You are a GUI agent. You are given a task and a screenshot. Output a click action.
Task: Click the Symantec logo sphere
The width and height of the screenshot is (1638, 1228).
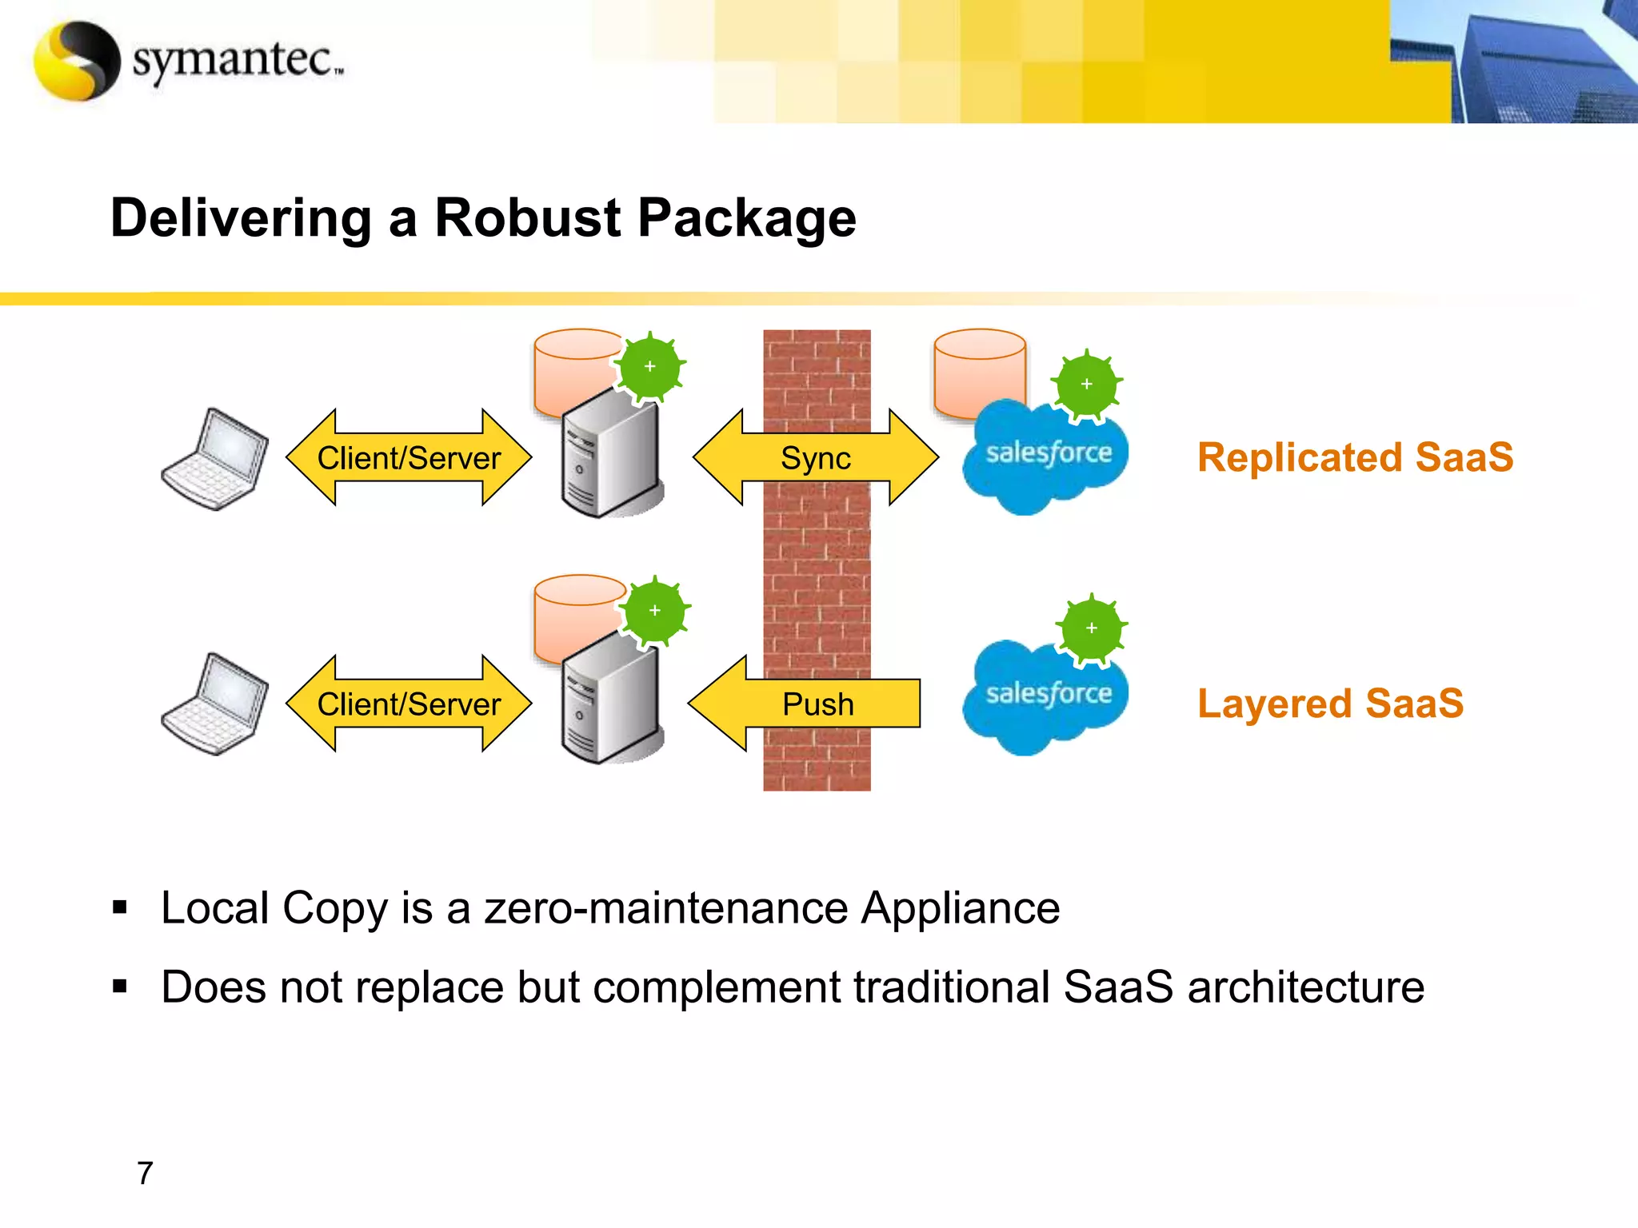77,61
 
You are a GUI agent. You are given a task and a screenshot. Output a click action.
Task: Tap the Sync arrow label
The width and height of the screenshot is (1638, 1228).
816,458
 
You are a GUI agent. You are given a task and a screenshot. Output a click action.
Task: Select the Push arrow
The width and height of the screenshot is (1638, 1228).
804,704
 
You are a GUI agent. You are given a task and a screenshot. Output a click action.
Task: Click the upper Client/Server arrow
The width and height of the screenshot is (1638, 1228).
409,458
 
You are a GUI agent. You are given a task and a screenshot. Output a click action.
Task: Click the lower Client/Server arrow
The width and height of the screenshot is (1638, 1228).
409,704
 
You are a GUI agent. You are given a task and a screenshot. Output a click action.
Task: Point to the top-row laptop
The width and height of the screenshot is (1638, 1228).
214,460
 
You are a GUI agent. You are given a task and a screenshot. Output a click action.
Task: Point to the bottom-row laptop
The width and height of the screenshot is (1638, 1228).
214,705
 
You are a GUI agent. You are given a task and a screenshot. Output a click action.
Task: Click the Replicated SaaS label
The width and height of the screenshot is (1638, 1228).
1355,458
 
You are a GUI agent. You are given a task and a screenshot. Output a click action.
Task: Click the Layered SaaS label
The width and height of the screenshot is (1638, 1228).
1330,704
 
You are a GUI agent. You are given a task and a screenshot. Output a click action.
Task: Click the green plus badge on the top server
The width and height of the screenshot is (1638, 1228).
649,367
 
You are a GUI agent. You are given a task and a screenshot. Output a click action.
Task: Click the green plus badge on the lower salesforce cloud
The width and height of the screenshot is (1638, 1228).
1092,628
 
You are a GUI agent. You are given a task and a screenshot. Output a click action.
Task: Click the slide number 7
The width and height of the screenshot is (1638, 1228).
145,1173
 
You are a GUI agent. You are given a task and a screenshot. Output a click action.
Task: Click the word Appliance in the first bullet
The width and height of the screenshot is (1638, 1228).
960,909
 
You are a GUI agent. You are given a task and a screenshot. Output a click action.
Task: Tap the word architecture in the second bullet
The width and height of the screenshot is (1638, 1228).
1305,987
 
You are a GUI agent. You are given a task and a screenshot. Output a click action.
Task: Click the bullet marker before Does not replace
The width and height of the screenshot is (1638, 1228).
120,987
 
